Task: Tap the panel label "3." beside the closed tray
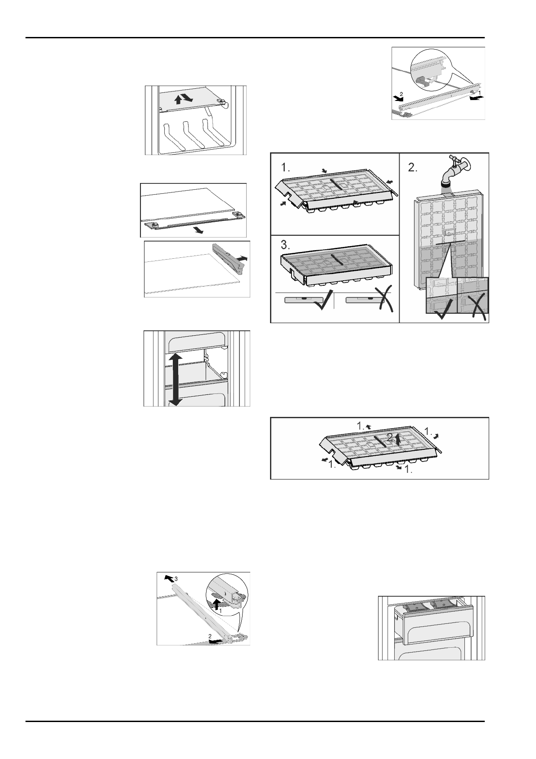coord(286,246)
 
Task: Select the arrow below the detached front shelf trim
coord(198,230)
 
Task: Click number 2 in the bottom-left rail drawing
coord(210,636)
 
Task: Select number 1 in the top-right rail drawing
coord(479,92)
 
